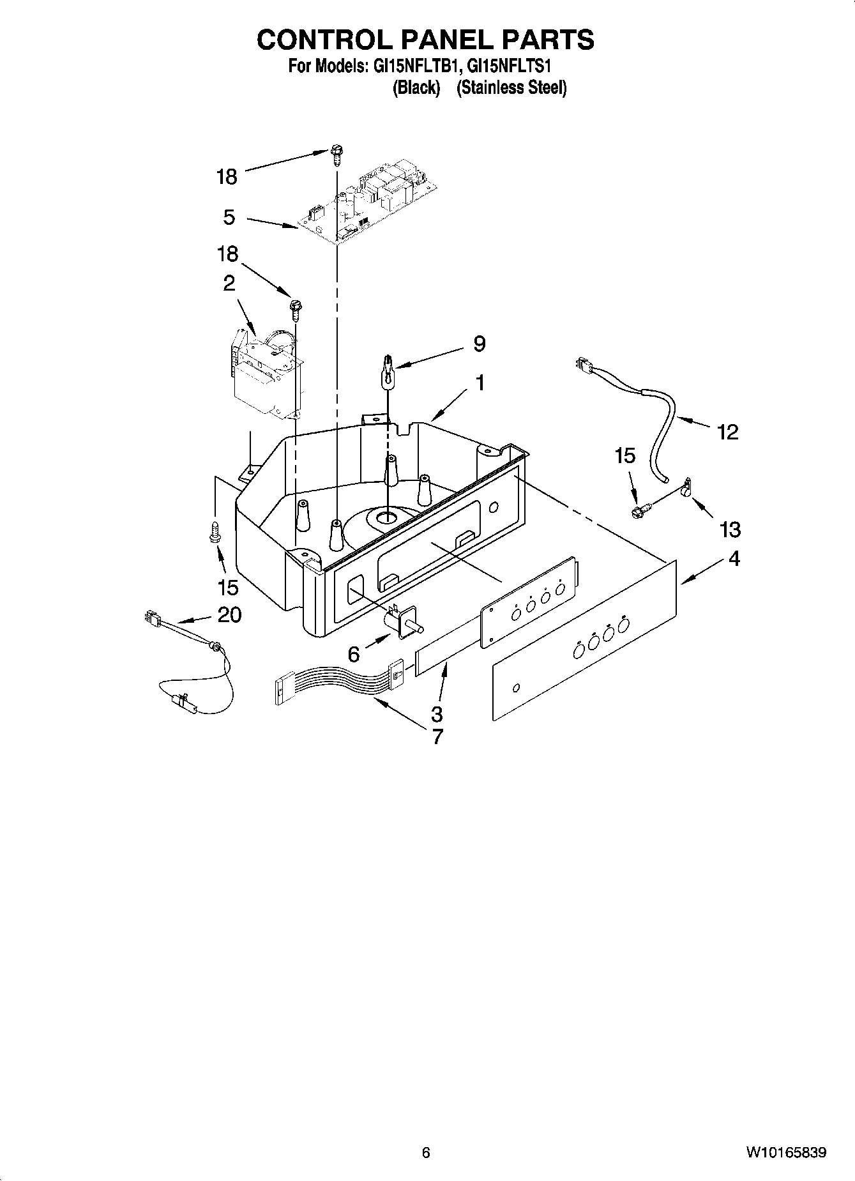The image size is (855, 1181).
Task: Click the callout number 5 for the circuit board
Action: tap(229, 217)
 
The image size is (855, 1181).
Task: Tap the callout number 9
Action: tap(479, 344)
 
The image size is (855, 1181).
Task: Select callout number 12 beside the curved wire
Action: tap(728, 432)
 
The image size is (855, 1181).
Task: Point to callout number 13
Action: tap(730, 529)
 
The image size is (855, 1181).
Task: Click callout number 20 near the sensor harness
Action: tap(229, 614)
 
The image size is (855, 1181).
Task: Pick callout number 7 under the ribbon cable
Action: tap(437, 736)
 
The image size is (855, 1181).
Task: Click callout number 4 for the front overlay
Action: tap(734, 558)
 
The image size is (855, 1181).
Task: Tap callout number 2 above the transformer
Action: tap(229, 283)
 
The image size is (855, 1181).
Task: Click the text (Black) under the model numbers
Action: tap(416, 88)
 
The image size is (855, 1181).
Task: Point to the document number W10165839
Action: tap(785, 1152)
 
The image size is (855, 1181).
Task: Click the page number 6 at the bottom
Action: tap(426, 1152)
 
